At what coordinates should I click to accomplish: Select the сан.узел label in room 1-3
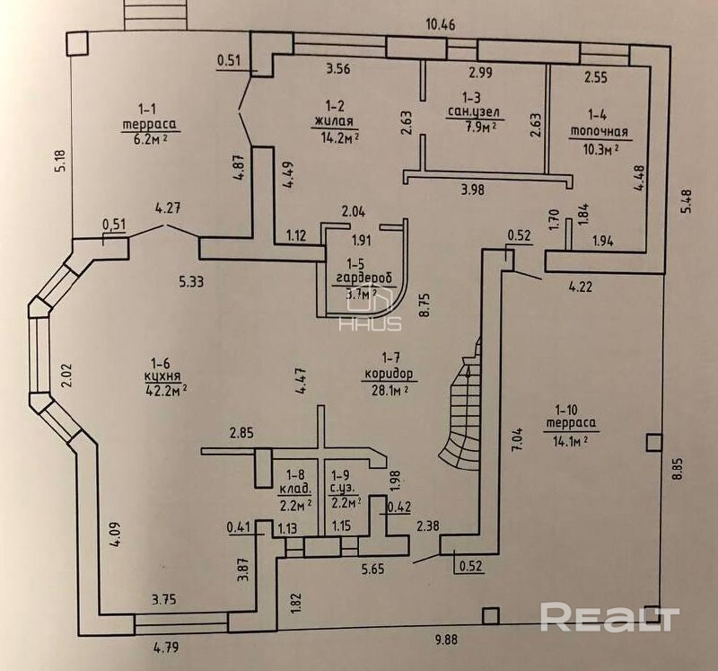click(472, 113)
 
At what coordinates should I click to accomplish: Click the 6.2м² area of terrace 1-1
click(153, 140)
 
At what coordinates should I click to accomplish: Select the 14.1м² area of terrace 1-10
click(565, 439)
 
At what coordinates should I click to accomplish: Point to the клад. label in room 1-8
click(295, 489)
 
